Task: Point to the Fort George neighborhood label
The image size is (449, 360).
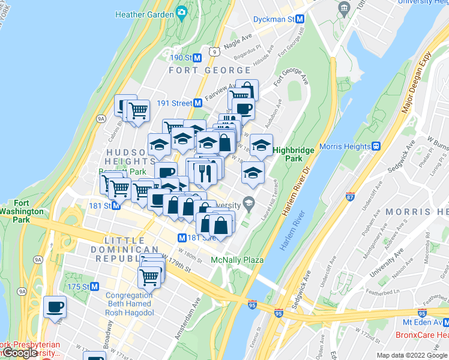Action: [x=200, y=70]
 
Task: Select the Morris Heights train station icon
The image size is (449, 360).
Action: [x=376, y=146]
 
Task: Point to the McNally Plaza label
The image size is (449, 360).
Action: [x=238, y=260]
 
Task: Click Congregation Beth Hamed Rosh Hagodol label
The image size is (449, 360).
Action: [x=129, y=304]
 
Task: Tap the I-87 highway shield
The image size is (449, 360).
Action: [x=351, y=196]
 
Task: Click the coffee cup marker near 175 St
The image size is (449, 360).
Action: [x=55, y=307]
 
